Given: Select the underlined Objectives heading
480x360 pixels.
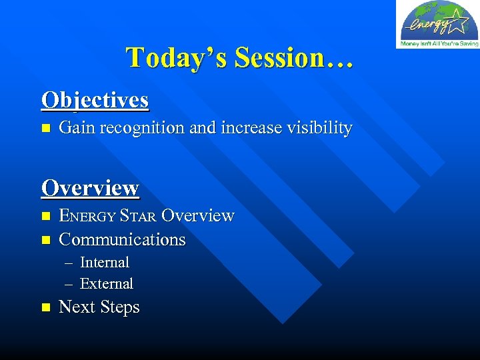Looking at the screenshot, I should pyautogui.click(x=95, y=100).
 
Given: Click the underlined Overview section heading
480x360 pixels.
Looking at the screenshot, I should pyautogui.click(x=90, y=188).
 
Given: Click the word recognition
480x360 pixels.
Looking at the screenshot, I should pyautogui.click(x=142, y=128).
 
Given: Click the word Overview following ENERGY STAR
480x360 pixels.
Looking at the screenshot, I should pyautogui.click(x=198, y=216).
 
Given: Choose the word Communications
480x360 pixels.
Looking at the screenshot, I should pyautogui.click(x=122, y=239).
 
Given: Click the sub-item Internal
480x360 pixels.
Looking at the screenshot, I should pyautogui.click(x=105, y=263).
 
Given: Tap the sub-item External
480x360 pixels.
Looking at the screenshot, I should pyautogui.click(x=107, y=284).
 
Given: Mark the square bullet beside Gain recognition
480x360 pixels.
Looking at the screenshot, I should pyautogui.click(x=45, y=128).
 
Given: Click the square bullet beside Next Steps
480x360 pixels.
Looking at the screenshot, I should pyautogui.click(x=45, y=307).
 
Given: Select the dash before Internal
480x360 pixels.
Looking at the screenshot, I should pyautogui.click(x=69, y=263).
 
